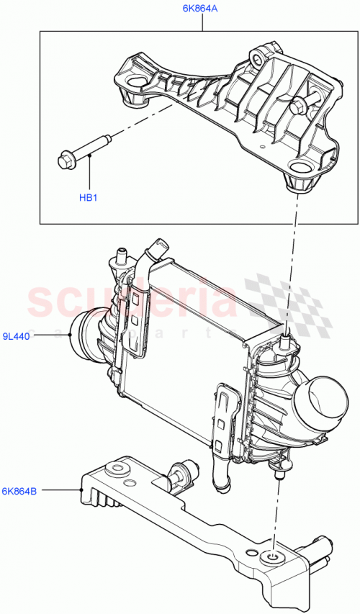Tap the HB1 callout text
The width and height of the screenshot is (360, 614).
(x=88, y=197)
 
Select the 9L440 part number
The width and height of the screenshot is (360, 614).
(x=15, y=335)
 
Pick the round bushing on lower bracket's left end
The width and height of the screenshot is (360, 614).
(x=114, y=471)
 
